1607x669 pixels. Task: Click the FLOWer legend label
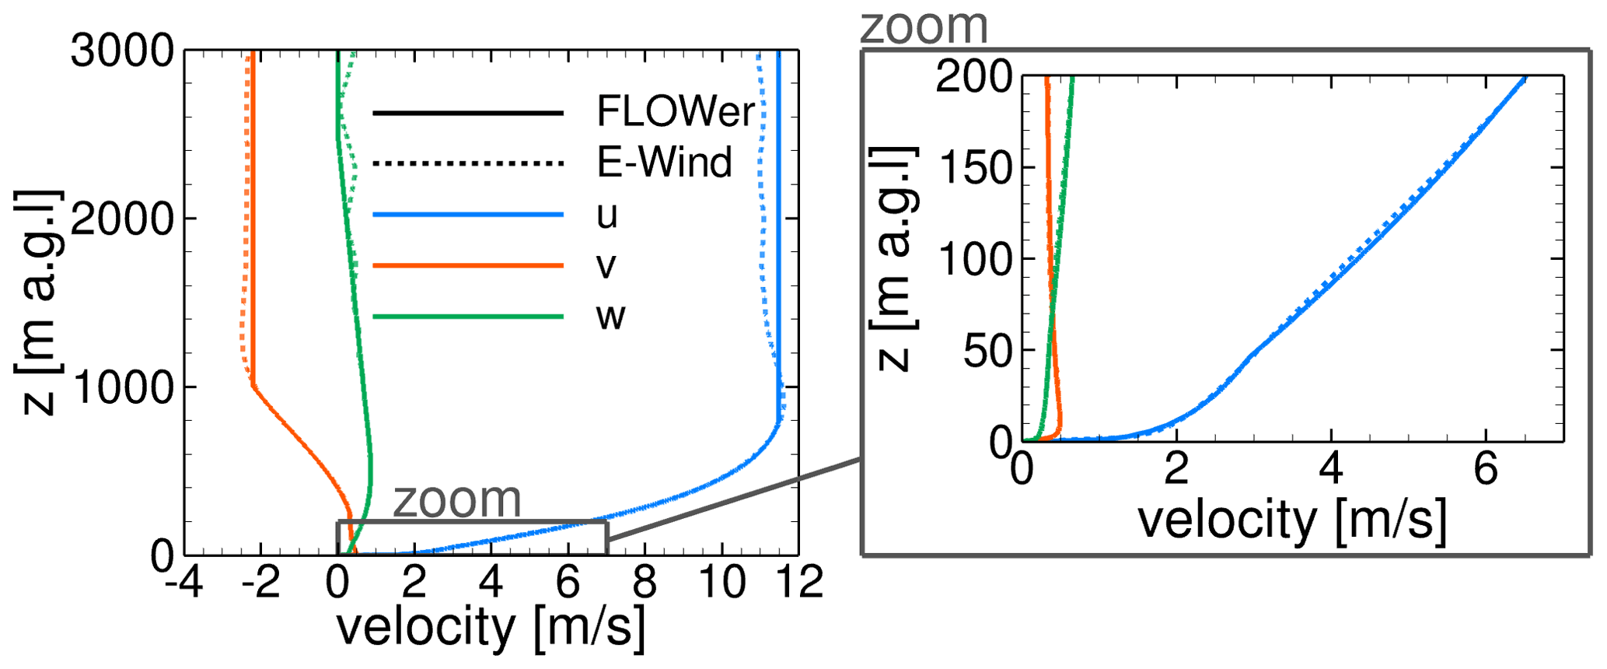[x=675, y=111]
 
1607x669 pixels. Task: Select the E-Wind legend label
[x=664, y=163]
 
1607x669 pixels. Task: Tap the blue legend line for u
[x=468, y=214]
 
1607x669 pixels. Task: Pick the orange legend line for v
[x=468, y=265]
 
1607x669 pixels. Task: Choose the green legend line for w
[x=468, y=317]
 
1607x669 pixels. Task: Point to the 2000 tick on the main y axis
[x=123, y=219]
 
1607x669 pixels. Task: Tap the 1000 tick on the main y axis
[x=123, y=387]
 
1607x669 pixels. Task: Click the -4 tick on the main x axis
[x=184, y=583]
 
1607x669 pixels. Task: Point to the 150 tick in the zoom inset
[x=975, y=167]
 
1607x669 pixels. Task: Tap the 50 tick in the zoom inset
[x=987, y=351]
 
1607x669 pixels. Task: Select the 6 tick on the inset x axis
[x=1486, y=469]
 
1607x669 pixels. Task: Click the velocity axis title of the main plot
[x=491, y=627]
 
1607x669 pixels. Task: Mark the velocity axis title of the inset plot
[x=1292, y=520]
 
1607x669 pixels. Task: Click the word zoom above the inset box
[x=924, y=26]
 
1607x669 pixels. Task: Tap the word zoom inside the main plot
[x=457, y=499]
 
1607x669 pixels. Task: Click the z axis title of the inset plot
[x=896, y=258]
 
